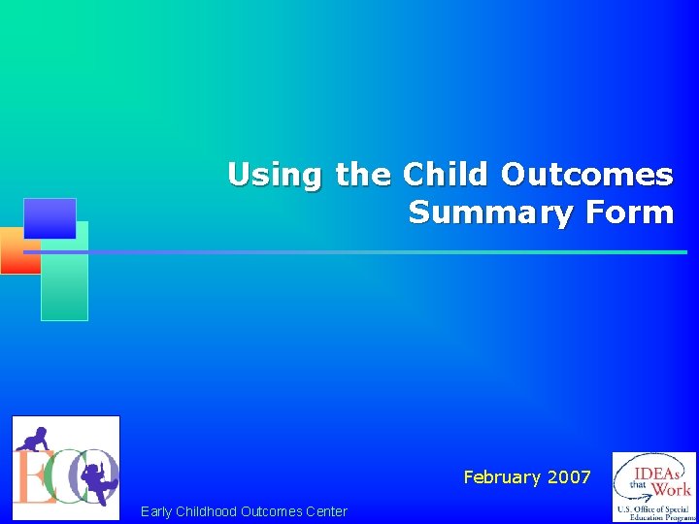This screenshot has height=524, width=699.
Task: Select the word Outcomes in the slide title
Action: pos(587,175)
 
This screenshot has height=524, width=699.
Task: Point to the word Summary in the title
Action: pos(490,213)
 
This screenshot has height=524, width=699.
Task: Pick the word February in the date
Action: pos(502,477)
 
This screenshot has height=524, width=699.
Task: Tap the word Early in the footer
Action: pos(156,511)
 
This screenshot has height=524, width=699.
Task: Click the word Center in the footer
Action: pos(324,511)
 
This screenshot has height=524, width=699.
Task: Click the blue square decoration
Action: pos(50,218)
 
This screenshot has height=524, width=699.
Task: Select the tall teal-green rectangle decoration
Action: pos(65,281)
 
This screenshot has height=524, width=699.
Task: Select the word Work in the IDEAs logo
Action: pos(672,488)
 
